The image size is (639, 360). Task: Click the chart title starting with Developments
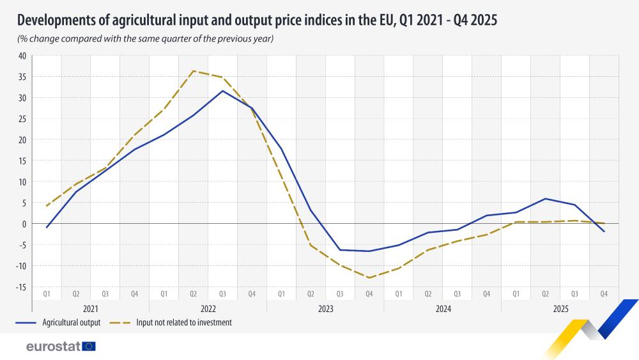[x=256, y=20]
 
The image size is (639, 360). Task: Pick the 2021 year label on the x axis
[x=90, y=308]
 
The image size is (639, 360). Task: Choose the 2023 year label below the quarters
[x=325, y=308]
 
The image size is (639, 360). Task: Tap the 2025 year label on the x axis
[x=559, y=308]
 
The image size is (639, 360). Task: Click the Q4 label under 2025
[x=603, y=293]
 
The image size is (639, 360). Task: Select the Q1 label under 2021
[x=47, y=293]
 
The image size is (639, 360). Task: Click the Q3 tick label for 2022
[x=222, y=293]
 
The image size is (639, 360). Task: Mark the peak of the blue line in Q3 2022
[x=222, y=91]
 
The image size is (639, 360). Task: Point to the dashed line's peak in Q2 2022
[x=193, y=71]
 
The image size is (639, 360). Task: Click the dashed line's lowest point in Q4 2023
[x=369, y=278]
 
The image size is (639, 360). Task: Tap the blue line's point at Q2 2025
[x=544, y=199]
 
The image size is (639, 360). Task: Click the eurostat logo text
[x=52, y=347]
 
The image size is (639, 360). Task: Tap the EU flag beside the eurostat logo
[x=89, y=347]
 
